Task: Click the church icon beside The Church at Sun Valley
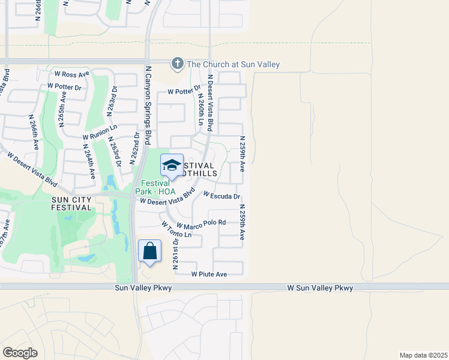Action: click(x=177, y=63)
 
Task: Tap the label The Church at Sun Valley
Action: click(x=234, y=64)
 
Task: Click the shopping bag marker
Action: click(x=149, y=251)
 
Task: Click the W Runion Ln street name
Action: click(x=100, y=132)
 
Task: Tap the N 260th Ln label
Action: click(x=199, y=109)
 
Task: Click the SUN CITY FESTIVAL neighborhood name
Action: click(x=63, y=203)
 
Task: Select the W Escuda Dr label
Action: click(x=221, y=196)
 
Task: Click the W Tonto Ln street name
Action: click(x=176, y=229)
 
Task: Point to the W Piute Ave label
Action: click(x=209, y=274)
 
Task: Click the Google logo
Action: click(x=20, y=352)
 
